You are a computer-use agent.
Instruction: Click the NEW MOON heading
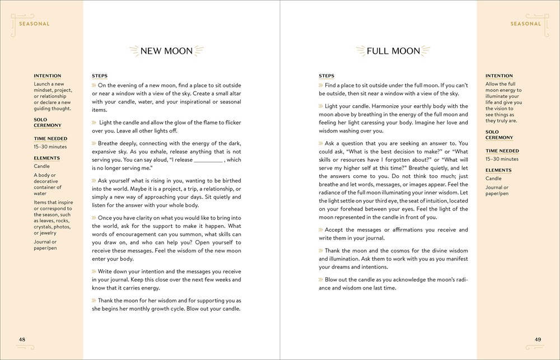click(166, 51)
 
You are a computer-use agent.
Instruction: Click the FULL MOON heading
click(393, 51)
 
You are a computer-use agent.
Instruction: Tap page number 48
click(22, 339)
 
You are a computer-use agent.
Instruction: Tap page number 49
click(538, 339)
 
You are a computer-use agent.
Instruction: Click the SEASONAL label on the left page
click(34, 24)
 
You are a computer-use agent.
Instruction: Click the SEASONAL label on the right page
click(526, 24)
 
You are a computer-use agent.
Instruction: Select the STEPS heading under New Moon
click(100, 76)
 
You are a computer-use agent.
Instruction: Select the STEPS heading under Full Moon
click(326, 76)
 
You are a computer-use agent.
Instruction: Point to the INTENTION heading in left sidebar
click(48, 76)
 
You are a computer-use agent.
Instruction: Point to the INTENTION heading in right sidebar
click(499, 76)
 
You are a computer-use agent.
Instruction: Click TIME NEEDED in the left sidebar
click(50, 139)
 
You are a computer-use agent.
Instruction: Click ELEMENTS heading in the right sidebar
click(498, 170)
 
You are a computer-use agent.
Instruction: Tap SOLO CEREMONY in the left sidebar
click(48, 122)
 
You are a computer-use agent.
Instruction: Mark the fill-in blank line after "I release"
click(208, 160)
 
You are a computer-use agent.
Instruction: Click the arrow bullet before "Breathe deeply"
click(94, 143)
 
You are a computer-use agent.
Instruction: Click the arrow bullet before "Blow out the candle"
click(321, 279)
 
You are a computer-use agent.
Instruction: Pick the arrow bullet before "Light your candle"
click(321, 106)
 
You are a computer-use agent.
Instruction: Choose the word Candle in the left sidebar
click(41, 166)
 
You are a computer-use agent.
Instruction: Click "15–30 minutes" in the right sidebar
click(502, 159)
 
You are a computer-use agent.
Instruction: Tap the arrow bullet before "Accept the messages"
click(321, 230)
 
